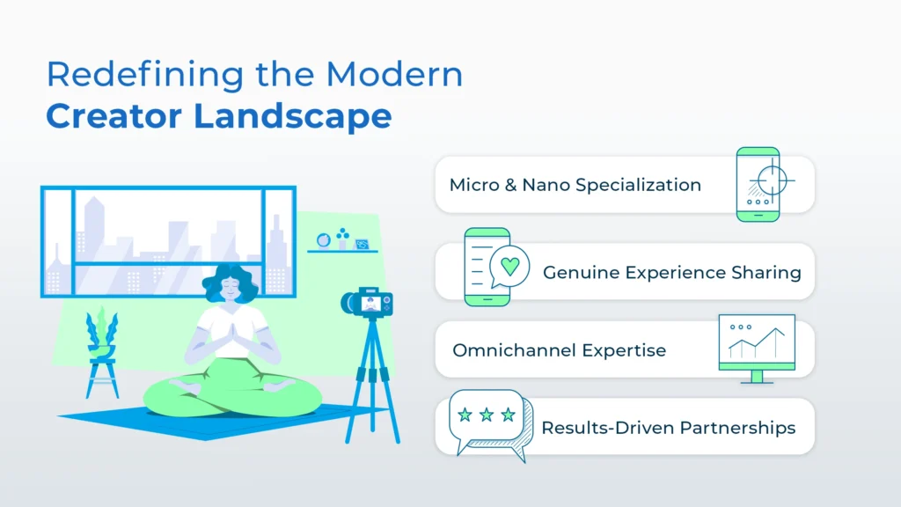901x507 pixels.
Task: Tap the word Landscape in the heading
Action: click(293, 117)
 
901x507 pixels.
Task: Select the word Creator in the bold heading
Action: click(114, 115)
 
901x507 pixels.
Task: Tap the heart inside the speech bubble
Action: click(509, 266)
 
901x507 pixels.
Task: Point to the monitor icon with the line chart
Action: click(757, 349)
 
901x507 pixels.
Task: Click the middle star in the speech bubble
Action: click(487, 415)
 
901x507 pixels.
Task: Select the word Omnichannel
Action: click(514, 350)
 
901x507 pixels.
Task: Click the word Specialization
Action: click(638, 186)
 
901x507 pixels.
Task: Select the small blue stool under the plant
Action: click(102, 378)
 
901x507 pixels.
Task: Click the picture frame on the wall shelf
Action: click(362, 245)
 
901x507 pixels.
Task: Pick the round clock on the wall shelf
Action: click(324, 240)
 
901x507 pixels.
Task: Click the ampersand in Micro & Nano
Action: click(510, 185)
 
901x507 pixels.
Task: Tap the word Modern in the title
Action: click(394, 75)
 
